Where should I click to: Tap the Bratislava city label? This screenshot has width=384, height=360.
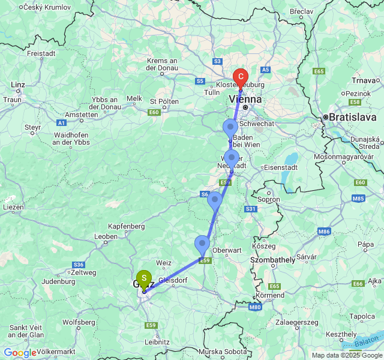click(350, 117)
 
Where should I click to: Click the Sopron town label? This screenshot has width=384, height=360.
click(268, 199)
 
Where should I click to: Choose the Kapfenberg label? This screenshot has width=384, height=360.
click(127, 226)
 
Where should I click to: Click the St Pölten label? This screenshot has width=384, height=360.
click(164, 101)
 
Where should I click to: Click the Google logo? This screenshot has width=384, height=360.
click(20, 353)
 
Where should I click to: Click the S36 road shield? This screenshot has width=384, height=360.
click(79, 265)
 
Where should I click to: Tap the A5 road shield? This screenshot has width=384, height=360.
click(266, 70)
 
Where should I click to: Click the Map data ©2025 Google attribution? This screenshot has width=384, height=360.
click(346, 355)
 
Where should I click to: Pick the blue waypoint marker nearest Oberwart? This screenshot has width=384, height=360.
click(202, 245)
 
